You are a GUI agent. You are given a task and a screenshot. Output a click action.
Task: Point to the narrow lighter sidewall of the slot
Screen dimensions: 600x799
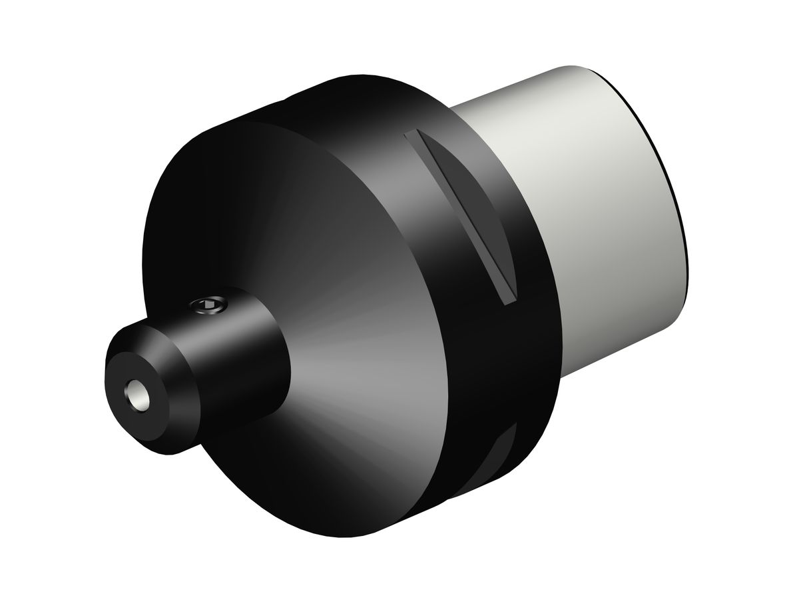(459, 213)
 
